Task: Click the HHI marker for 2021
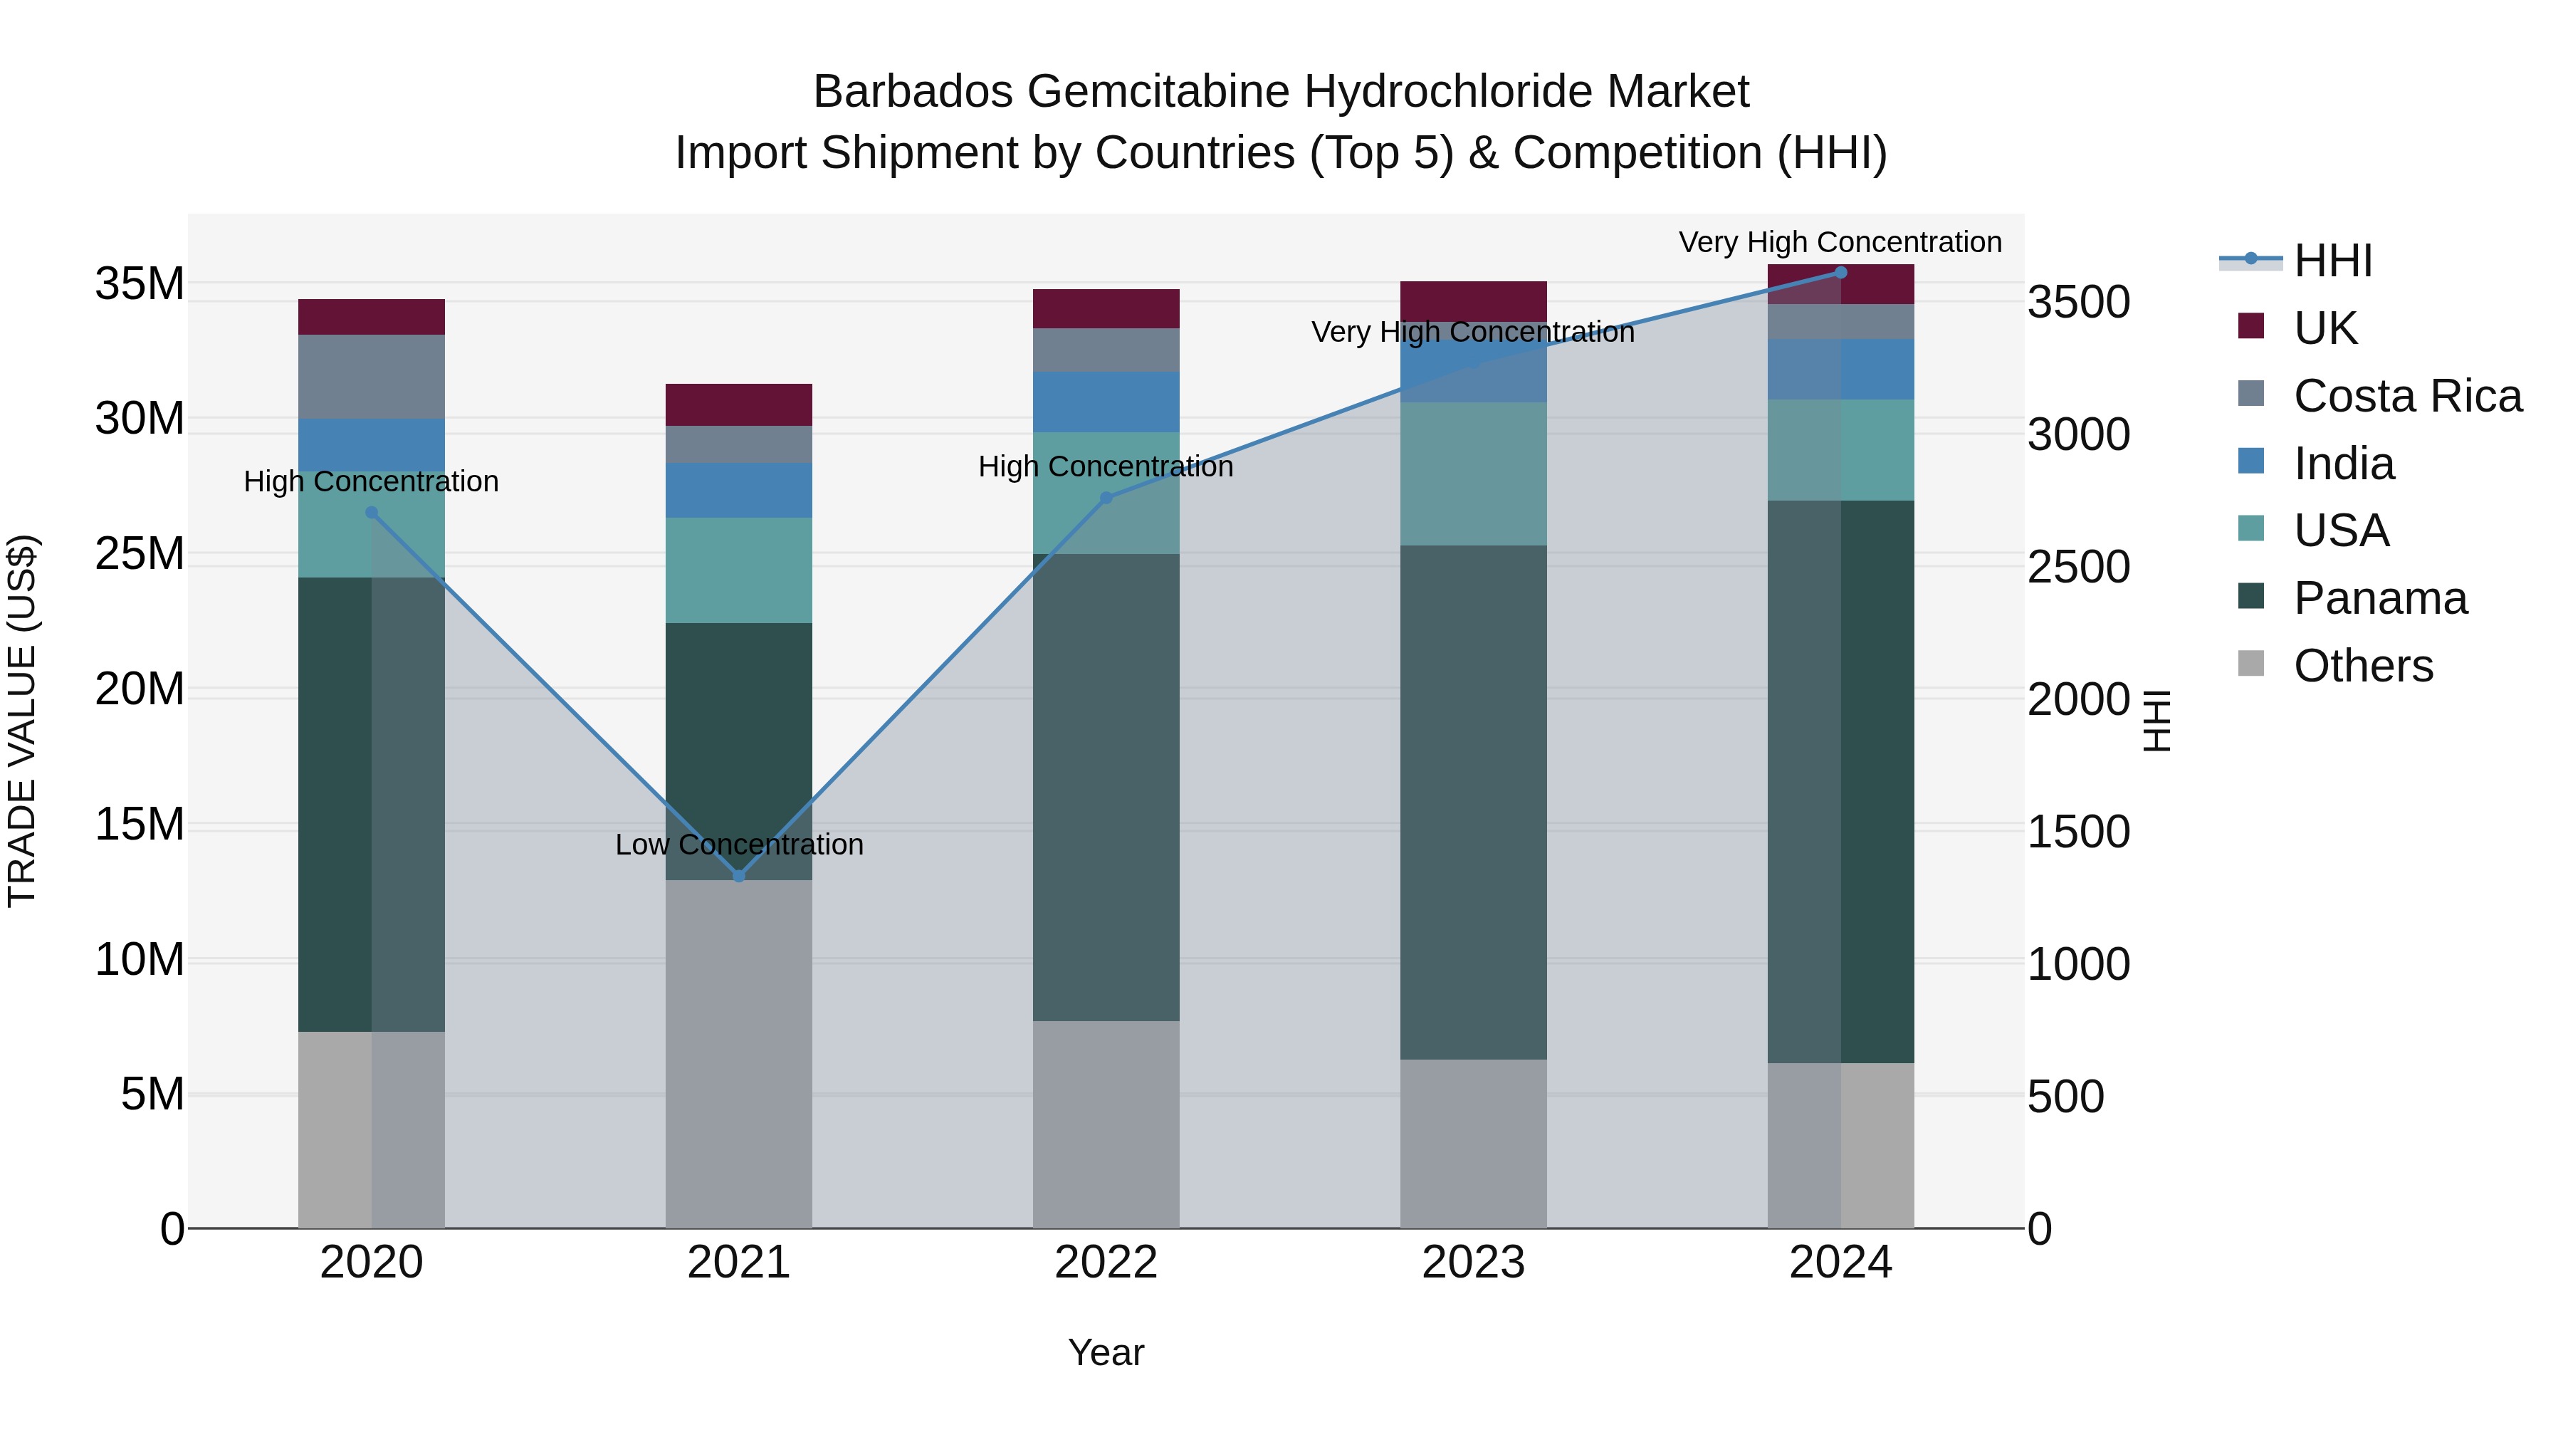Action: (738, 876)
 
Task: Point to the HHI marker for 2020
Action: (371, 513)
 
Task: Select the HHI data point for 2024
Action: (1840, 273)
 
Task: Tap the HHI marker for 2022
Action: (1106, 498)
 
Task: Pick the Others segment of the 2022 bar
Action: (1106, 1124)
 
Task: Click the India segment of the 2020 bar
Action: (371, 445)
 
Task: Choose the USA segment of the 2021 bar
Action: (738, 570)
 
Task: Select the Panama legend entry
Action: (2380, 598)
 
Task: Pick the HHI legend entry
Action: (2332, 261)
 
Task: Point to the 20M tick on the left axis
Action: (140, 689)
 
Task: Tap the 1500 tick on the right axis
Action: (2078, 831)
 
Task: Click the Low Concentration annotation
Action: (738, 844)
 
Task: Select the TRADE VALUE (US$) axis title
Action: (23, 721)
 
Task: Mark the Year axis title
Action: (1106, 1352)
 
